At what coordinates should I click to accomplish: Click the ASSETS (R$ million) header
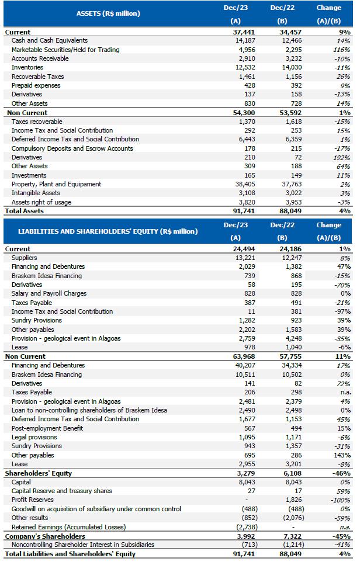coord(109,13)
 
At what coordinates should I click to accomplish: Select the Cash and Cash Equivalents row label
coord(50,41)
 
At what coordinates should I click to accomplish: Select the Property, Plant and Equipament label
coord(56,184)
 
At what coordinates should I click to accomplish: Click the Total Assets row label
coord(24,211)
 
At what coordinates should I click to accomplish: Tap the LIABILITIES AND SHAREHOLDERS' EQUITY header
coord(108,231)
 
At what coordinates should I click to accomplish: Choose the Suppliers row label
coord(24,258)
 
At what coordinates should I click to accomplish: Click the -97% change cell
coord(342,311)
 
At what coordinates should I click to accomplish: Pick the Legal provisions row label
coord(34,437)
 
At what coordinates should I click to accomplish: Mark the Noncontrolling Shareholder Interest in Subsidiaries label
coord(83,545)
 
